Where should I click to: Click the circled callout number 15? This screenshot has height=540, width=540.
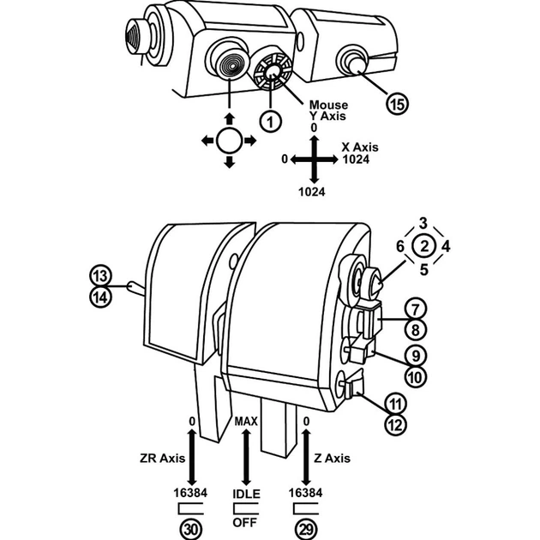[397, 104]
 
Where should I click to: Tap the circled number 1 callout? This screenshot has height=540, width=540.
[270, 121]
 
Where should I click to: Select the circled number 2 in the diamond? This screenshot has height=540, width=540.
[424, 246]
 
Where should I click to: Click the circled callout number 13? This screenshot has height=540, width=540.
[100, 276]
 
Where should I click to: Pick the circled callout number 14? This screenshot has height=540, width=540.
[100, 297]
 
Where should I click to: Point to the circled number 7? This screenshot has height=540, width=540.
[416, 309]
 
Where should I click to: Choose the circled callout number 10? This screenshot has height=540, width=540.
[416, 377]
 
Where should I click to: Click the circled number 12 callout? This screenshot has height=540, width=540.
[395, 424]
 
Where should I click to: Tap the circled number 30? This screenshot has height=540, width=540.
[190, 529]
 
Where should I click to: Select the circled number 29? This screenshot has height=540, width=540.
[306, 529]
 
